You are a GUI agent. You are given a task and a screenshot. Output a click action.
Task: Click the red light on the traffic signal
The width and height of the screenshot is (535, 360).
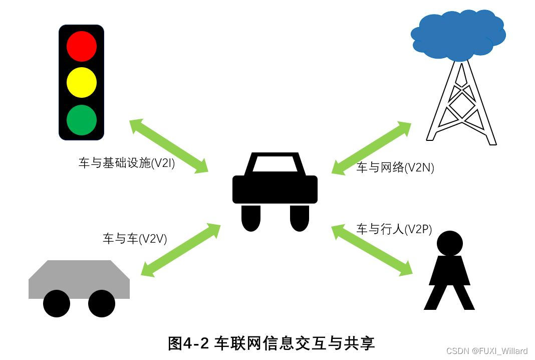pos(81,46)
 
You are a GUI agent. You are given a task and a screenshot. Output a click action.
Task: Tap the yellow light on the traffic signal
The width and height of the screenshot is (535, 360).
pos(81,83)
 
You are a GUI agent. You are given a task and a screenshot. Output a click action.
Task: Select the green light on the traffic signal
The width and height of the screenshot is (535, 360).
pos(81,120)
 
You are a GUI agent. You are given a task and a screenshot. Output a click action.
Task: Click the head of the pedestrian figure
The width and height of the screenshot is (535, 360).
pos(449,243)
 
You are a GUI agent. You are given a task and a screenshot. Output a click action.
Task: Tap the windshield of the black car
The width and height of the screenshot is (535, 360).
pos(275,164)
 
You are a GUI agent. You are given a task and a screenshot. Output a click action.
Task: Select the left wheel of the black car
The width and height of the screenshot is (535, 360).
pos(251,218)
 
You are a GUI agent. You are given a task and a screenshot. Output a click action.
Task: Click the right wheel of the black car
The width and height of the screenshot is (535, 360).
pos(299,218)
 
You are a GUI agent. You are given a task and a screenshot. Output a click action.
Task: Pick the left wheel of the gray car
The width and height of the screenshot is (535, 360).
pos(57,303)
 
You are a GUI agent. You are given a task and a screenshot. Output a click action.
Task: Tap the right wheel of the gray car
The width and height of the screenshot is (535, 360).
pos(102,303)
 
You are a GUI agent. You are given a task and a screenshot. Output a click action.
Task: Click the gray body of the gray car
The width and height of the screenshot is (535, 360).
pos(79,278)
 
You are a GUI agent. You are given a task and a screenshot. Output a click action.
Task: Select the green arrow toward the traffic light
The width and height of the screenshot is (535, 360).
pos(169,146)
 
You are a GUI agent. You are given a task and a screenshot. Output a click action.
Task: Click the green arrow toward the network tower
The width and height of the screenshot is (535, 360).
pos(371,148)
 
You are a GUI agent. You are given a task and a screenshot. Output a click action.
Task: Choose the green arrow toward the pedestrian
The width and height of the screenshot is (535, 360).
pos(372,250)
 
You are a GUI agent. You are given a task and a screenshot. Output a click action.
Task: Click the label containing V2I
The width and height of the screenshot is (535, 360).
pos(127,163)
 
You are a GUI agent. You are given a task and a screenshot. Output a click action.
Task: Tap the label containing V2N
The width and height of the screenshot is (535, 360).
pos(395,168)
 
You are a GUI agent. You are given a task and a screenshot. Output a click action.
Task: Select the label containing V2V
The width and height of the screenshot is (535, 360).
pos(135,239)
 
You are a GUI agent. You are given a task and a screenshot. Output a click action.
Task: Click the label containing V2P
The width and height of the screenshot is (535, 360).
pos(394,230)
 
